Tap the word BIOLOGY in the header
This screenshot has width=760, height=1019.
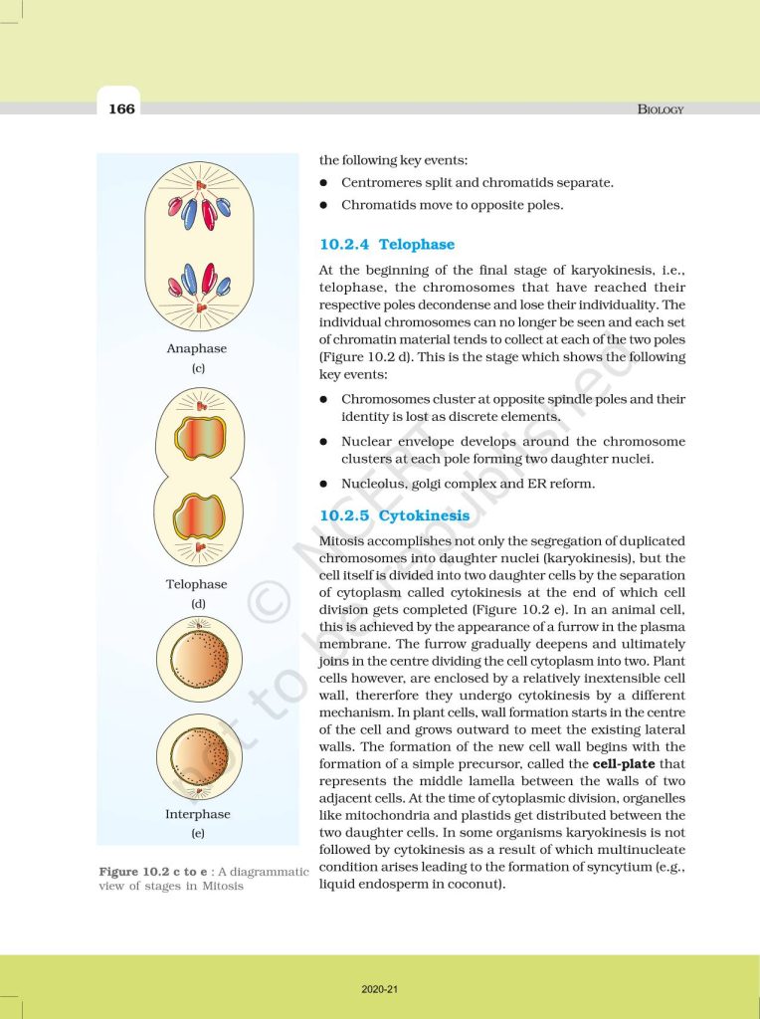point(661,109)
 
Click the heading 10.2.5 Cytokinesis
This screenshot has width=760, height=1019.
point(394,515)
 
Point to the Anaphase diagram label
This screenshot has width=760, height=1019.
point(197,348)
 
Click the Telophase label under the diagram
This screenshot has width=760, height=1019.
point(197,584)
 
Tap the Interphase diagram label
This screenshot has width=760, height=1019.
point(197,814)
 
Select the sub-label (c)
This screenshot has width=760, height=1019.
point(197,368)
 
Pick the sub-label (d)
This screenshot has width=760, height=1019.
point(197,604)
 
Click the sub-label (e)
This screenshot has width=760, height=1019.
point(197,833)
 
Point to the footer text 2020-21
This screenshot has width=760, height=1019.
point(379,989)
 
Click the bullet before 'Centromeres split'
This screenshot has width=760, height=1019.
point(324,183)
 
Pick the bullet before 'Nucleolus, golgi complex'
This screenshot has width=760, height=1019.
point(324,484)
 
